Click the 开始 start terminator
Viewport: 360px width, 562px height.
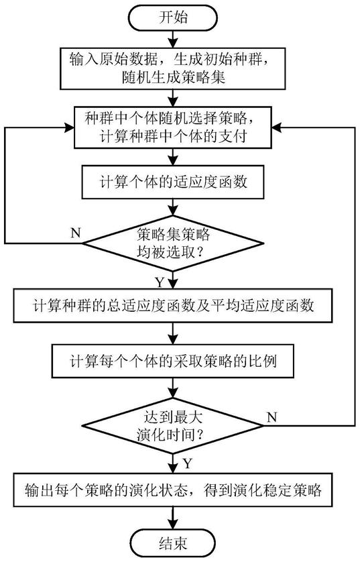click(x=173, y=18)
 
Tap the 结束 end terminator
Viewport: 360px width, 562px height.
click(x=173, y=544)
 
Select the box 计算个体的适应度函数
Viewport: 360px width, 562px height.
click(x=173, y=182)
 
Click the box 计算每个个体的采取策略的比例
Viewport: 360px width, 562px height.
click(x=173, y=361)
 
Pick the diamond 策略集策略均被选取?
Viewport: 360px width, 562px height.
click(x=173, y=243)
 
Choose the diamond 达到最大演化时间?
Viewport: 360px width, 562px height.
click(x=173, y=426)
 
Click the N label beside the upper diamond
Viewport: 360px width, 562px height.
click(x=76, y=233)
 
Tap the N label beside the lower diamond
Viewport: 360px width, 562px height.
click(x=272, y=417)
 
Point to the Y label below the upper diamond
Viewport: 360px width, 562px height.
click(x=160, y=283)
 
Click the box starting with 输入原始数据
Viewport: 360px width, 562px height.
click(x=173, y=68)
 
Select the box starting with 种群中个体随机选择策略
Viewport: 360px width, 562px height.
click(x=173, y=127)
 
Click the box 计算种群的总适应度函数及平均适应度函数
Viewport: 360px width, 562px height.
click(x=173, y=306)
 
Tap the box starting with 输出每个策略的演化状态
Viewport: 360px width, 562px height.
click(x=173, y=490)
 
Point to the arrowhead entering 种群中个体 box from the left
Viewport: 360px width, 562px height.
click(x=70, y=127)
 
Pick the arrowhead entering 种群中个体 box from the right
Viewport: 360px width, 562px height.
click(x=277, y=127)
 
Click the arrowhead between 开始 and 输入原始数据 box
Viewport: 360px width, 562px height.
click(x=173, y=43)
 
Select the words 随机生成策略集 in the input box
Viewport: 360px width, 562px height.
click(x=174, y=77)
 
